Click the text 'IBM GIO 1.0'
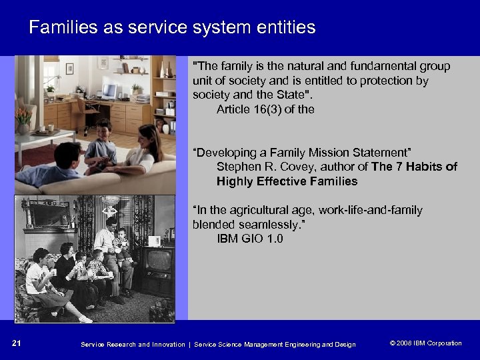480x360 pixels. point(249,239)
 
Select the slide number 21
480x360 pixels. point(17,343)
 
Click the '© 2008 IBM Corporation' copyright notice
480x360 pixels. point(425,343)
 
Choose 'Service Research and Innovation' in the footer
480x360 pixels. point(133,344)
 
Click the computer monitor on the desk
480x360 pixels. point(109,91)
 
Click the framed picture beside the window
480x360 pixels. point(69,68)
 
